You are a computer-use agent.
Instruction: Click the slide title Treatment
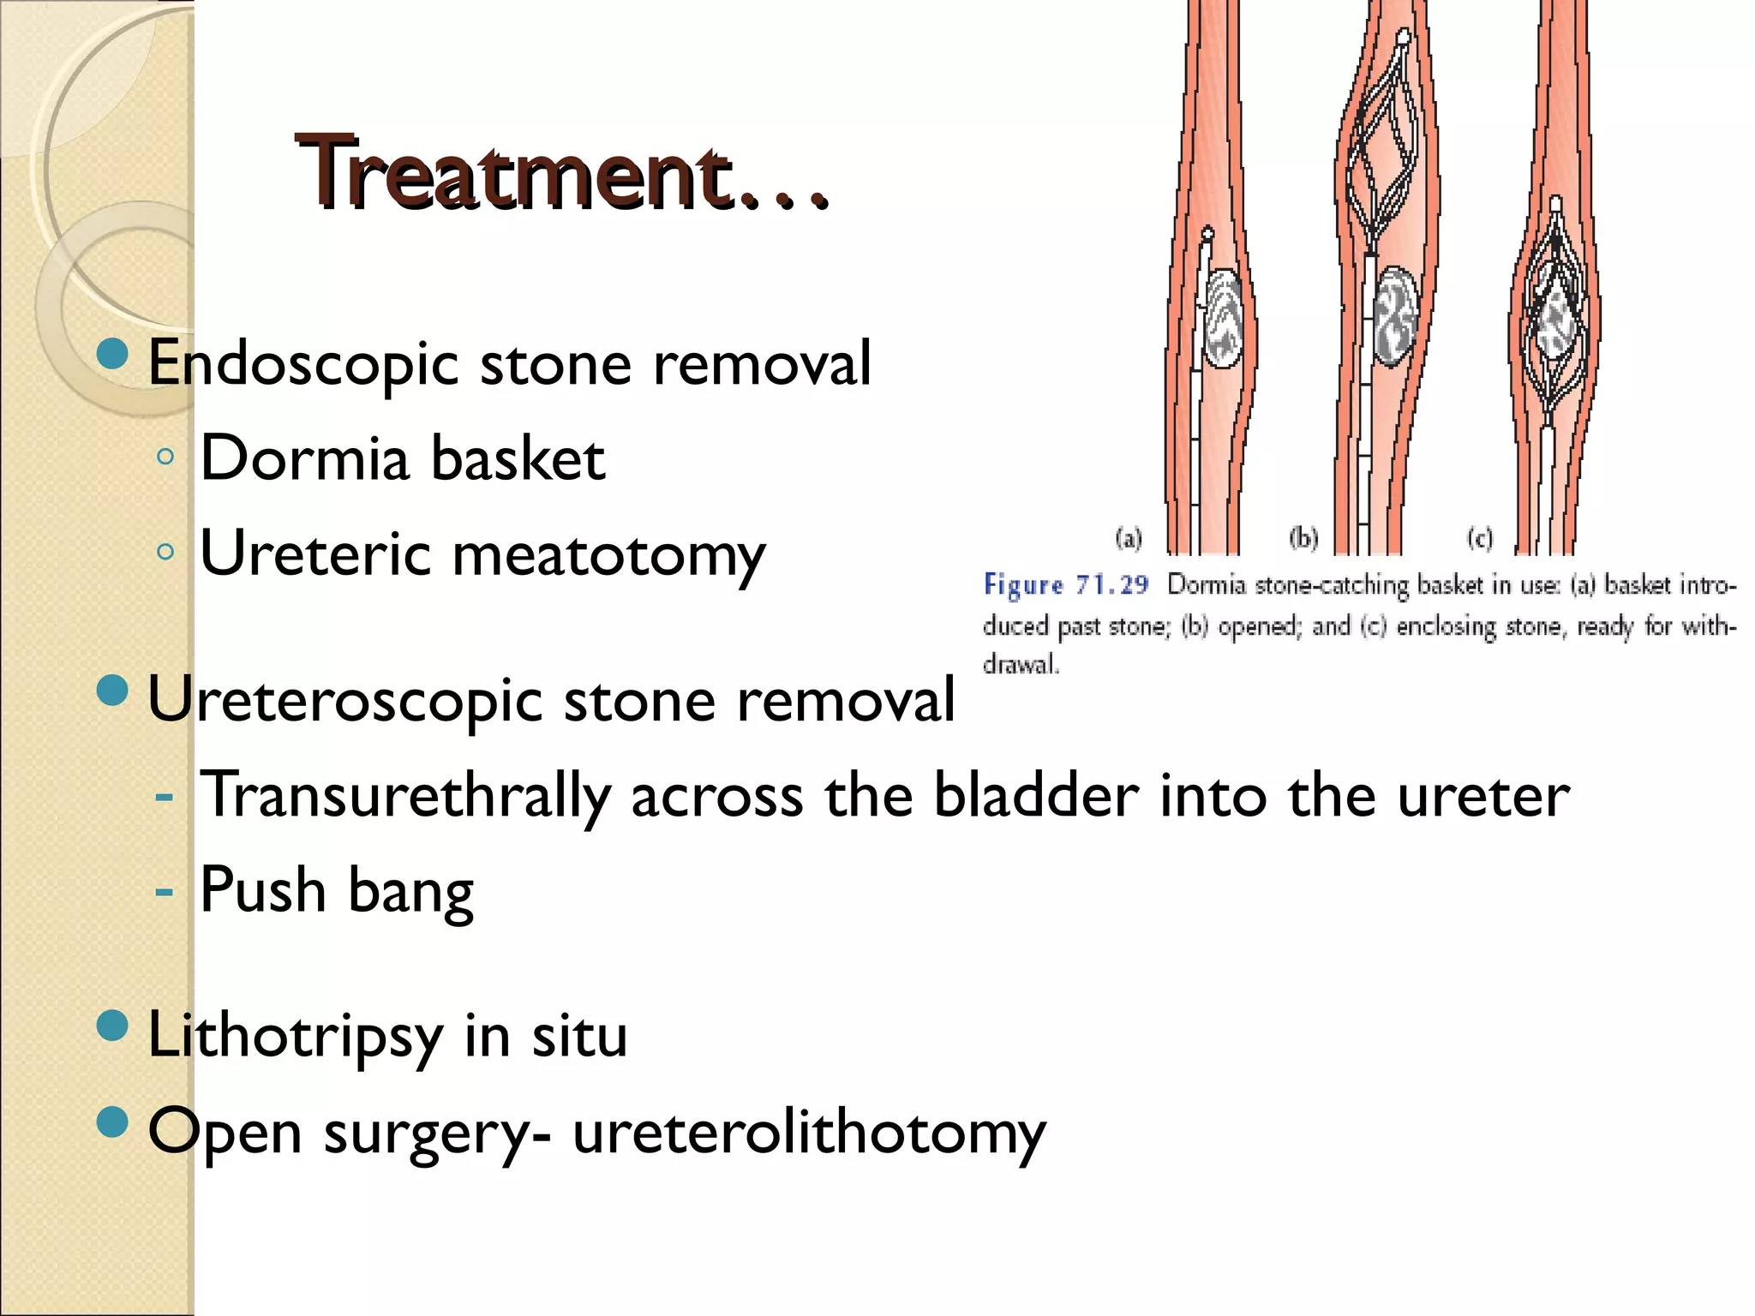pos(561,175)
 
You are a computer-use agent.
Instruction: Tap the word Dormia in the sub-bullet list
pos(304,458)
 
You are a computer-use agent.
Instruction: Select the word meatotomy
pos(608,555)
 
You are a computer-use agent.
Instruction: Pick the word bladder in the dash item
pos(1035,795)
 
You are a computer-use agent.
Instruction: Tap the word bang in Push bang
pos(410,892)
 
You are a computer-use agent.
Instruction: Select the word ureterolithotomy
pos(809,1133)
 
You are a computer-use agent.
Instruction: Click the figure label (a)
pos(1129,539)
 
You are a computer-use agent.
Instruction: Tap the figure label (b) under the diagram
pos(1303,538)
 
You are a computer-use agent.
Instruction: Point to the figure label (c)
pos(1480,538)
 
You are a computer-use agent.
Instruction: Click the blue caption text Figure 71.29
pos(1065,585)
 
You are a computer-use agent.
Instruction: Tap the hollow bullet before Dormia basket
pos(165,457)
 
